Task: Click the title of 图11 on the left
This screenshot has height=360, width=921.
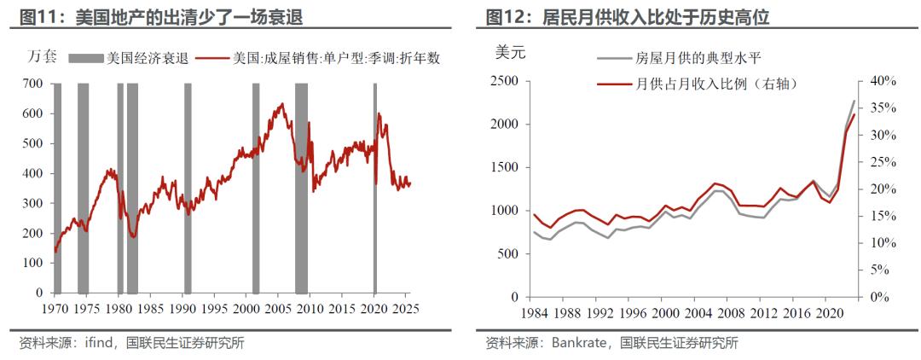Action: tap(161, 16)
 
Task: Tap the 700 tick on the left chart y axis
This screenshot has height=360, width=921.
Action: tap(33, 84)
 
